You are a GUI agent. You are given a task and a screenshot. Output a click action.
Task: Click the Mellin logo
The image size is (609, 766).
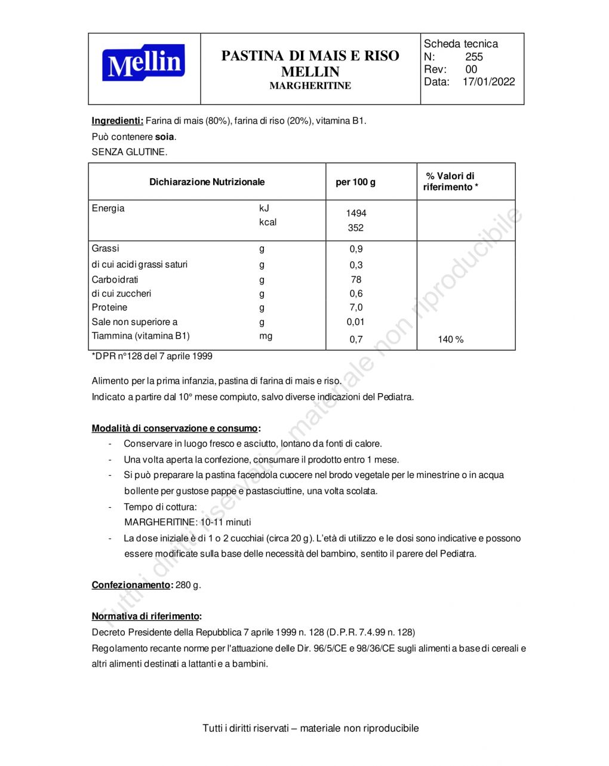143,63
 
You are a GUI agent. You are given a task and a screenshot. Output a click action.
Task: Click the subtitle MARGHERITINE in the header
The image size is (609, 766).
310,86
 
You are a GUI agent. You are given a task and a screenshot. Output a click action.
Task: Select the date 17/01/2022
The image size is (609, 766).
488,82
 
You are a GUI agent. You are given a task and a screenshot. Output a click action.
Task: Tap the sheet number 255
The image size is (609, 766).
474,57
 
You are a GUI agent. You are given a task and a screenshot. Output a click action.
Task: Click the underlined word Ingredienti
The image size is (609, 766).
117,121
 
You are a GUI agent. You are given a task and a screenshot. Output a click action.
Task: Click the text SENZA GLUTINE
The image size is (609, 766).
130,152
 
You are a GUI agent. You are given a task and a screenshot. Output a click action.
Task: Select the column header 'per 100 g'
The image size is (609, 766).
355,182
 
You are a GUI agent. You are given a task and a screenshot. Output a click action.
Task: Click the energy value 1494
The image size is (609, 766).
356,213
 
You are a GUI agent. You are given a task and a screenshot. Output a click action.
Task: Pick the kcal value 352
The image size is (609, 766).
355,228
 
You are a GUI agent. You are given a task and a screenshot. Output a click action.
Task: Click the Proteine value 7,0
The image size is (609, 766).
356,308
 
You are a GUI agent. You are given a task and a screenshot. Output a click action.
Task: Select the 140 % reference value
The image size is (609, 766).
450,339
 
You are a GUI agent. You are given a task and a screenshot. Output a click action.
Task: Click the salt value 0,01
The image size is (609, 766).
355,322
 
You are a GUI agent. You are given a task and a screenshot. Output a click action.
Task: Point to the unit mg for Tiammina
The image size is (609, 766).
266,336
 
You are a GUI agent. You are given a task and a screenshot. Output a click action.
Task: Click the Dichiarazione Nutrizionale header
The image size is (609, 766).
207,182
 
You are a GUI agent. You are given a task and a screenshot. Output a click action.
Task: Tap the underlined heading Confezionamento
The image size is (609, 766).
131,585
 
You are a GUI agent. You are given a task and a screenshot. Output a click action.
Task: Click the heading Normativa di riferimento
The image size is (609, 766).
146,616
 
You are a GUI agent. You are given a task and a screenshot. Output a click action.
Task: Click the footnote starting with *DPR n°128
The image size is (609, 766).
152,356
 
